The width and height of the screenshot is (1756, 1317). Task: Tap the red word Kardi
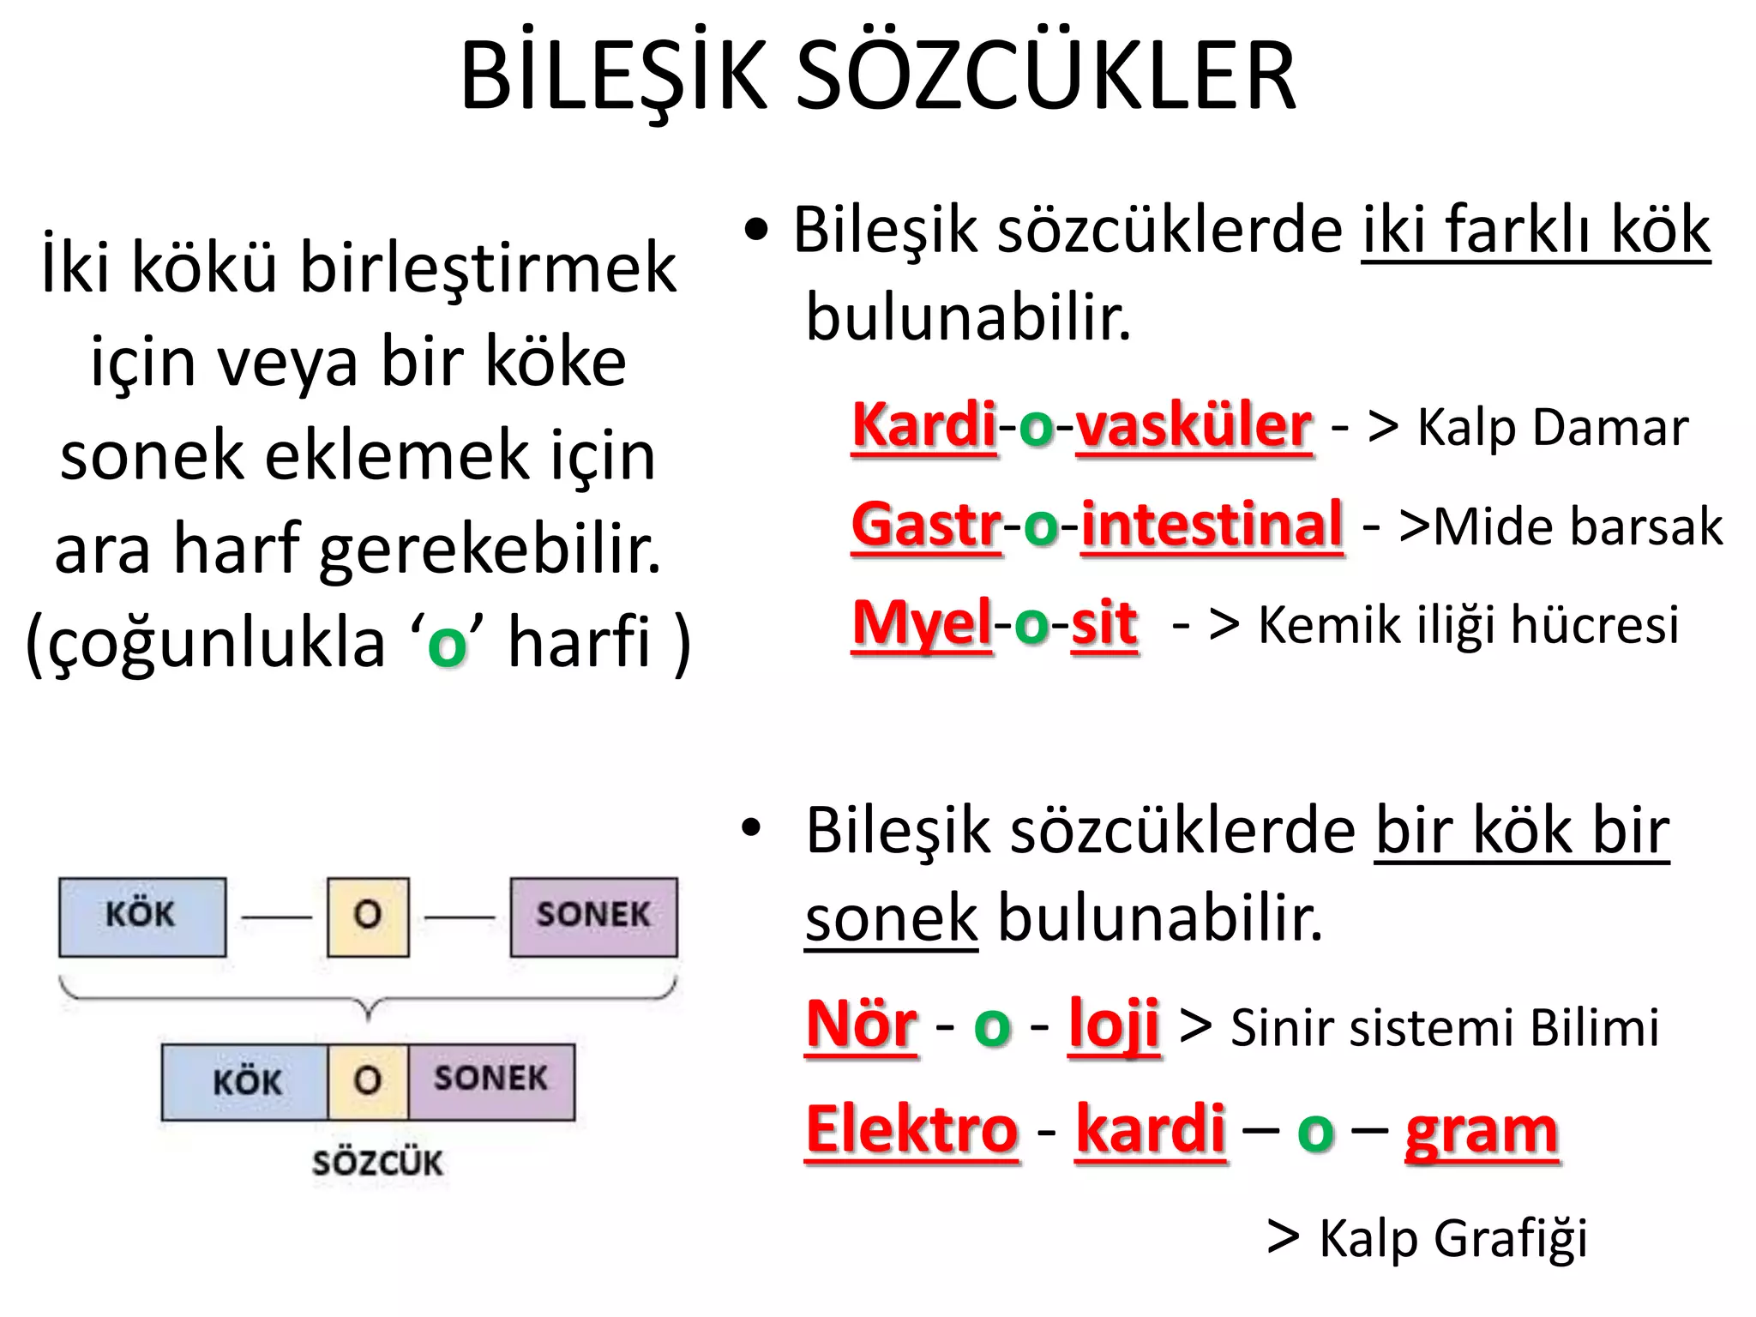click(924, 426)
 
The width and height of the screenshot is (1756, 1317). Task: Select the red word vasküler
click(1194, 426)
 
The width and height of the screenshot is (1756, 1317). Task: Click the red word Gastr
click(926, 525)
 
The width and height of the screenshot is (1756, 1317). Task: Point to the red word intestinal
click(1212, 525)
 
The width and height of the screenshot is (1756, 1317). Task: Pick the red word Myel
click(922, 623)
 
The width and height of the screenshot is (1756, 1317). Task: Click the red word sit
click(1104, 623)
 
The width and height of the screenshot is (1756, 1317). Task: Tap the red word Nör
click(861, 1025)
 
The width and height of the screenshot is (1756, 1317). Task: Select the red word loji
click(1114, 1025)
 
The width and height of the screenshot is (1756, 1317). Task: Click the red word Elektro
click(912, 1130)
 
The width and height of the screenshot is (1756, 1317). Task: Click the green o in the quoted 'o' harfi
click(447, 645)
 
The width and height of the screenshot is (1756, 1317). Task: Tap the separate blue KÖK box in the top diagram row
click(142, 916)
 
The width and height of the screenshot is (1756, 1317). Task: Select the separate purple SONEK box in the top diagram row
click(593, 916)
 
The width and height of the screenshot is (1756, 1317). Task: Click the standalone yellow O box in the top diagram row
click(368, 916)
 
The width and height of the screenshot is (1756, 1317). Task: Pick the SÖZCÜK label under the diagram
click(377, 1164)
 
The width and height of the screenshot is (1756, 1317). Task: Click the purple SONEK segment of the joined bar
click(490, 1080)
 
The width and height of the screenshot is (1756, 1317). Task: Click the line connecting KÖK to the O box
click(276, 917)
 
